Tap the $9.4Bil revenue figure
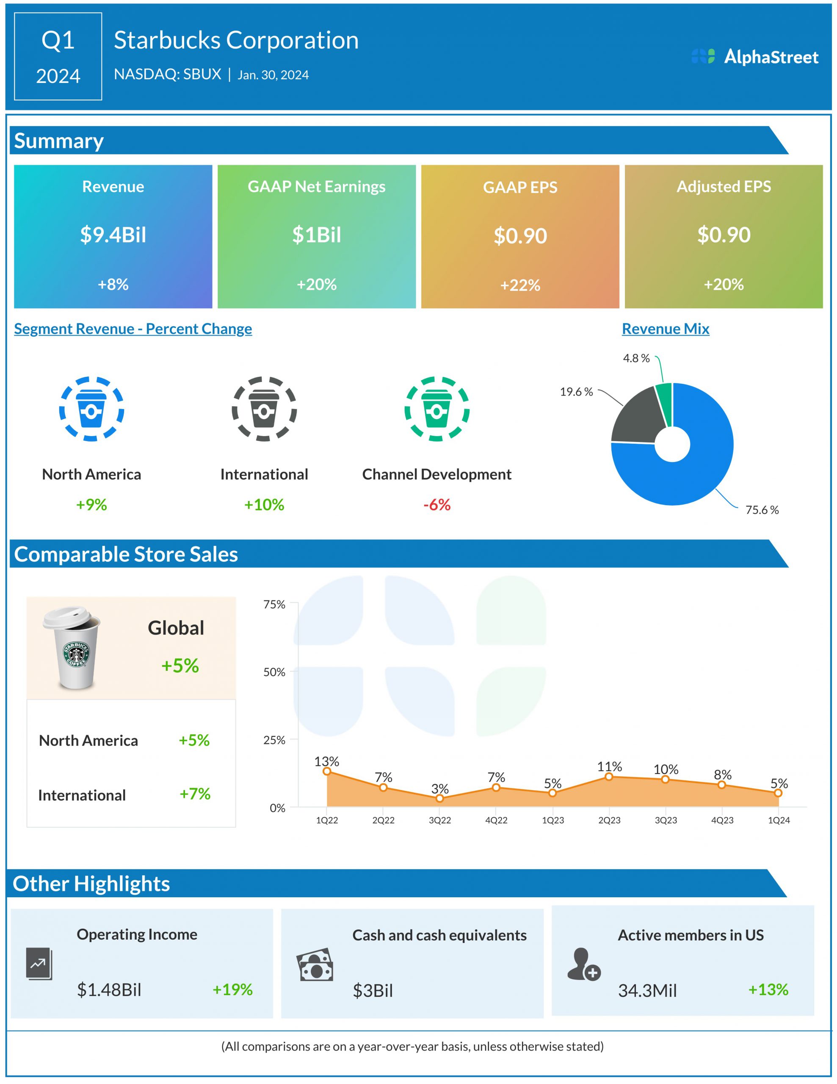click(113, 235)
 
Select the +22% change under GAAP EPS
click(520, 285)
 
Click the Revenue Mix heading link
click(666, 329)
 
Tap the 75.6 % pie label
click(762, 510)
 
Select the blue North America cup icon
click(92, 409)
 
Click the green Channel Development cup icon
click(436, 409)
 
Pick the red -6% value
click(436, 505)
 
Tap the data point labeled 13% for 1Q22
click(327, 771)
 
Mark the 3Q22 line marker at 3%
click(439, 798)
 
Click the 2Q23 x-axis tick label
click(609, 821)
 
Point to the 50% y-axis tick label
click(274, 672)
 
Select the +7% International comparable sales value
click(195, 794)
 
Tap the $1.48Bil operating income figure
click(109, 990)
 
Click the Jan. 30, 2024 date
click(273, 75)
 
